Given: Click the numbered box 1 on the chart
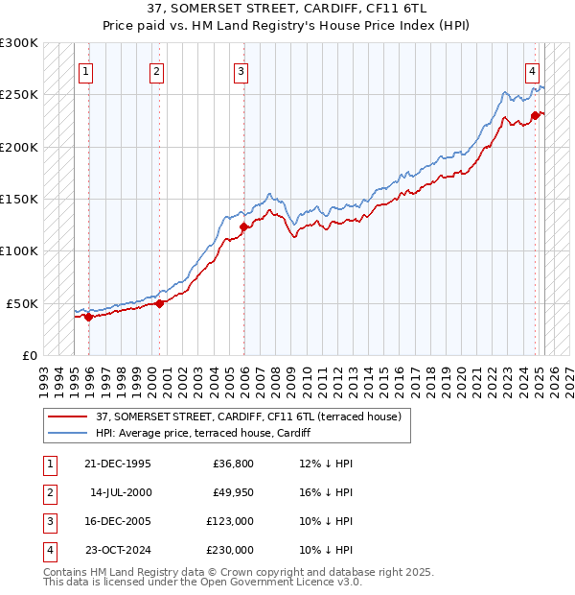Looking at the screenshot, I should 86,70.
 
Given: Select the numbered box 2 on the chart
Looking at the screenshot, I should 156,70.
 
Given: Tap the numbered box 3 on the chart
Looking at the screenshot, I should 241,70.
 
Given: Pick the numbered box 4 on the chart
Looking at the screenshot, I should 531,70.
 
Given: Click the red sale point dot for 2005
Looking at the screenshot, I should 243,226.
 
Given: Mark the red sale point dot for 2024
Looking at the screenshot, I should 535,115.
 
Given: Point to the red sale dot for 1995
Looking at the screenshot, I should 88,317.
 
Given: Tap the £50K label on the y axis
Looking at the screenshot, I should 23,303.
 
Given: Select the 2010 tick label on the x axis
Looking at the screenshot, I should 308,374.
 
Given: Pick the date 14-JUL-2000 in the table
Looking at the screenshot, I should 120,492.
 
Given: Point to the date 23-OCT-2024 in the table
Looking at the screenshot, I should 119,550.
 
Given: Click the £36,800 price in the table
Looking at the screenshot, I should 232,464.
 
